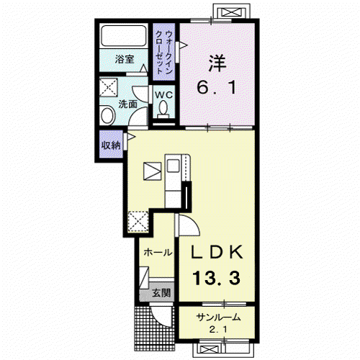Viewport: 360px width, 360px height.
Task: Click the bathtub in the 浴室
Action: (x=124, y=35)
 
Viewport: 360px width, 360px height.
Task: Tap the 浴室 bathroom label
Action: (x=124, y=59)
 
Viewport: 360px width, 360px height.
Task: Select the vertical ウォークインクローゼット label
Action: (x=164, y=53)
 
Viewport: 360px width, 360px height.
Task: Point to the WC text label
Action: (x=163, y=95)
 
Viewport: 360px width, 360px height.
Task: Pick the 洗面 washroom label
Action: (x=127, y=104)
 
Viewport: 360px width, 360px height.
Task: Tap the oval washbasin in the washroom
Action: (x=107, y=115)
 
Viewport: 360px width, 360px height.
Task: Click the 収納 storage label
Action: (x=111, y=145)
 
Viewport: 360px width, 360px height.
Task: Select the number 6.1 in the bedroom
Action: (x=217, y=87)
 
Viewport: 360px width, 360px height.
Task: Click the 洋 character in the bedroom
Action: (x=217, y=63)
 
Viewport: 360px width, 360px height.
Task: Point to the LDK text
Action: (x=217, y=252)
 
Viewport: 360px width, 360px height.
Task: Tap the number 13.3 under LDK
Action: (x=216, y=278)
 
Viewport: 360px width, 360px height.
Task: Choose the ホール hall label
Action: (x=158, y=253)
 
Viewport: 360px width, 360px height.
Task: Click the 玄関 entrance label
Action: (x=161, y=293)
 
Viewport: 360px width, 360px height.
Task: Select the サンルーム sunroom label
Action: (x=218, y=318)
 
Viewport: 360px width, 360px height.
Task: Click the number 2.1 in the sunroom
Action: (x=218, y=329)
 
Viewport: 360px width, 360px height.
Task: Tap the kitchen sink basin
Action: (x=173, y=166)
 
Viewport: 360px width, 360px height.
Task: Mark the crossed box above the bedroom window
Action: (x=231, y=12)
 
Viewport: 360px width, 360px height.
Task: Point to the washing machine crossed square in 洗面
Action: (x=109, y=87)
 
